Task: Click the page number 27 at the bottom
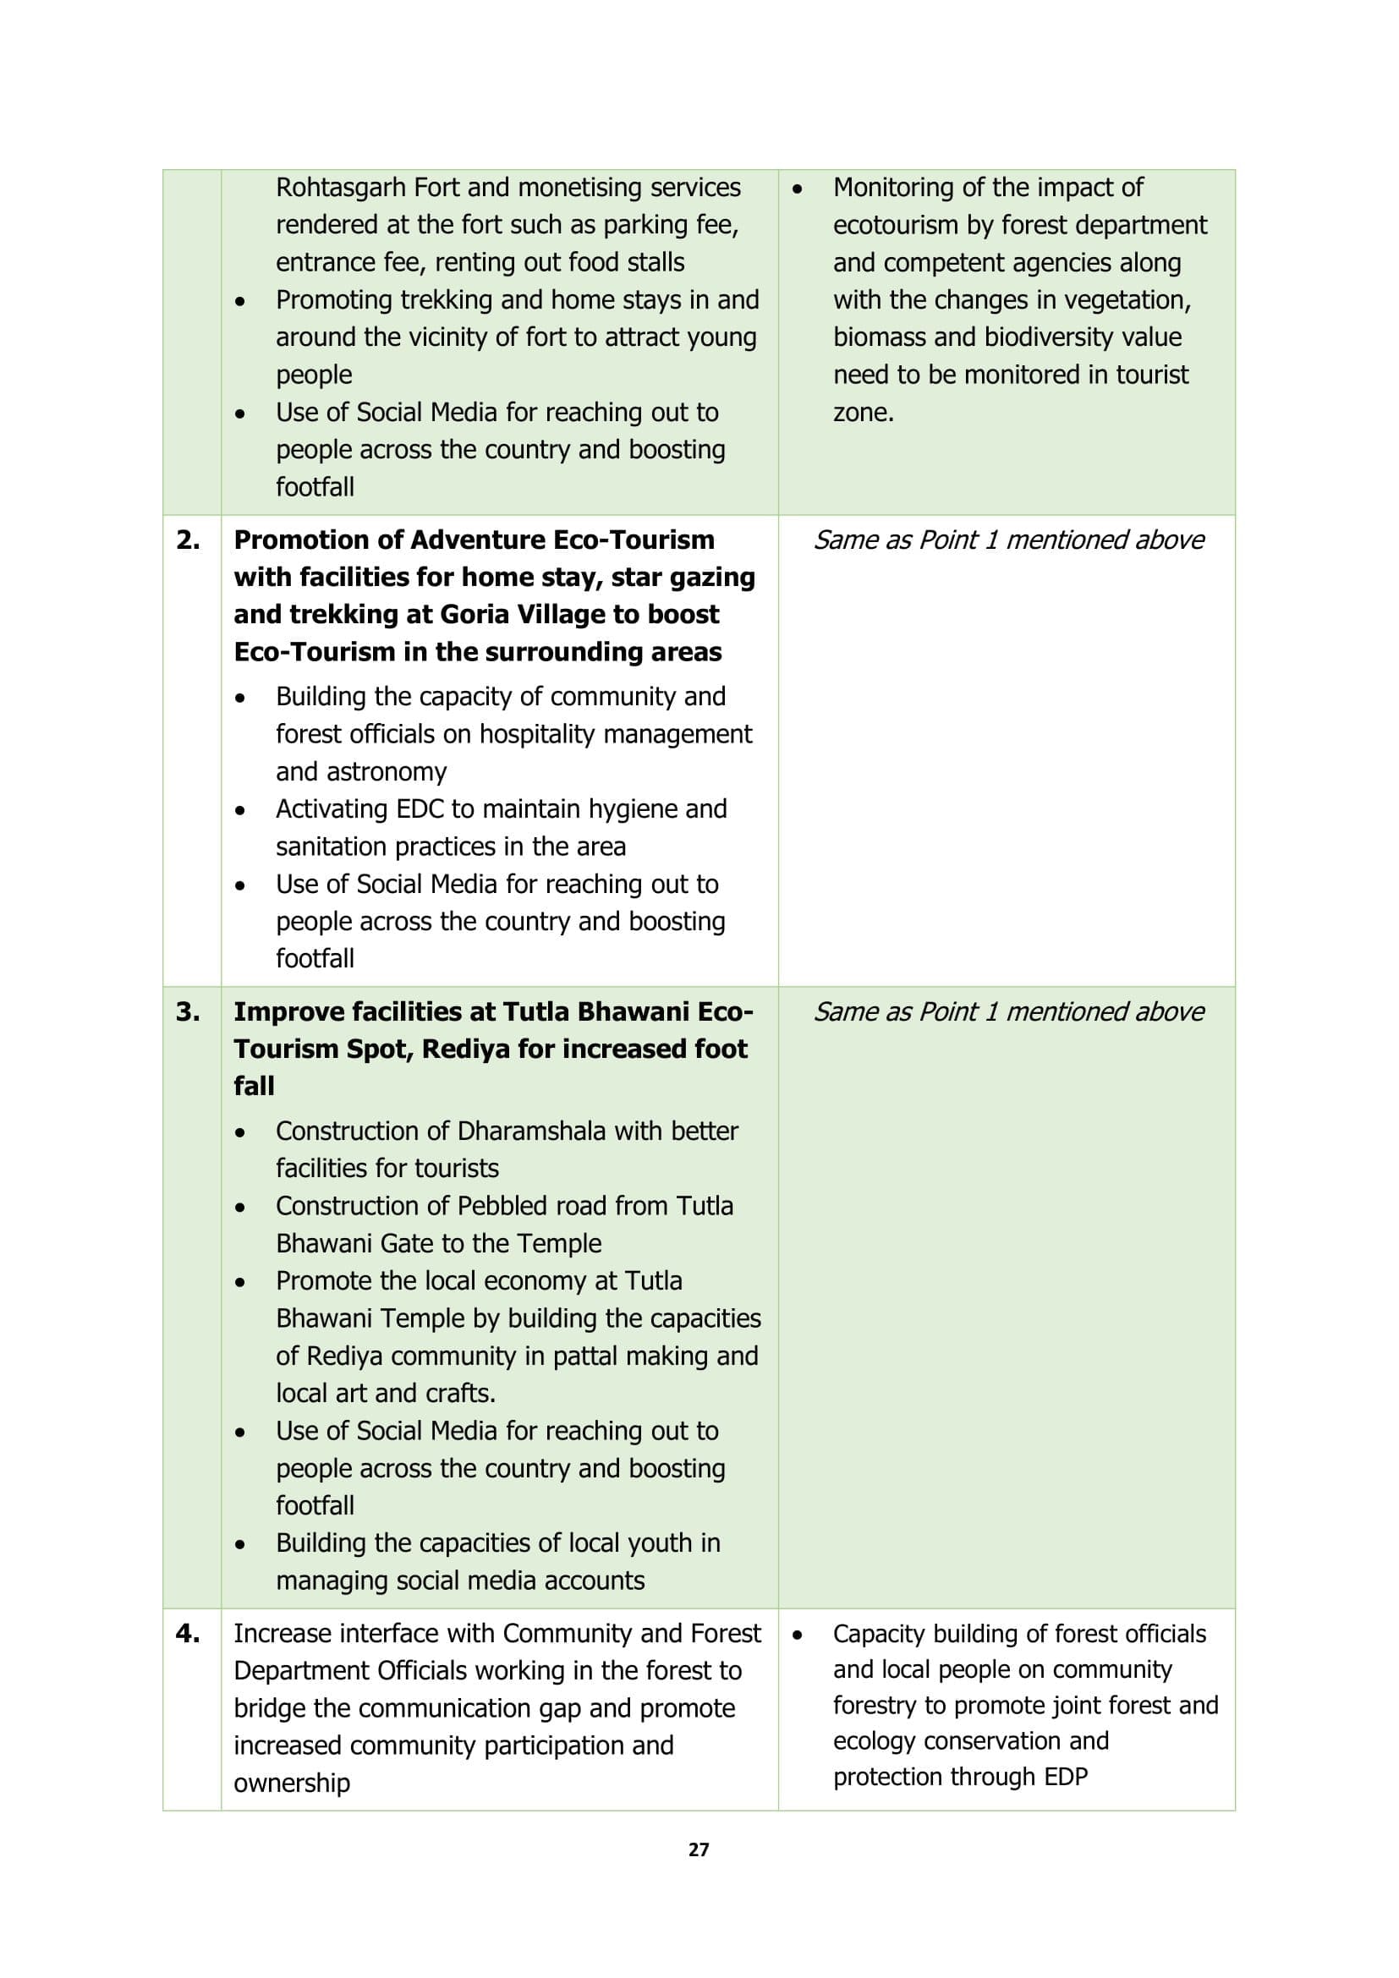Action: [699, 1849]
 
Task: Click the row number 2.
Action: [188, 540]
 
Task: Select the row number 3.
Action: [188, 1011]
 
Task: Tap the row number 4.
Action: [188, 1634]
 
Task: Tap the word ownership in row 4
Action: [292, 1783]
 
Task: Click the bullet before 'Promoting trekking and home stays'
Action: [240, 302]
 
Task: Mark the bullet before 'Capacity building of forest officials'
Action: [798, 1635]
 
